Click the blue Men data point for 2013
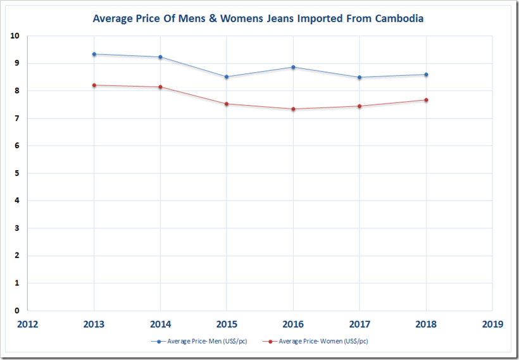point(94,54)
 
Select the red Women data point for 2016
point(293,109)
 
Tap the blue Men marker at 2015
point(227,77)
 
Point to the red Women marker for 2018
point(426,100)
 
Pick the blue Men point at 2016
point(293,67)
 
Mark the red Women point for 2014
point(161,87)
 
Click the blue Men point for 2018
point(426,75)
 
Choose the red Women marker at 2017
point(360,106)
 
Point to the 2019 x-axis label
point(492,324)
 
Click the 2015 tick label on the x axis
point(227,324)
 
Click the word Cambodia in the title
point(397,18)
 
